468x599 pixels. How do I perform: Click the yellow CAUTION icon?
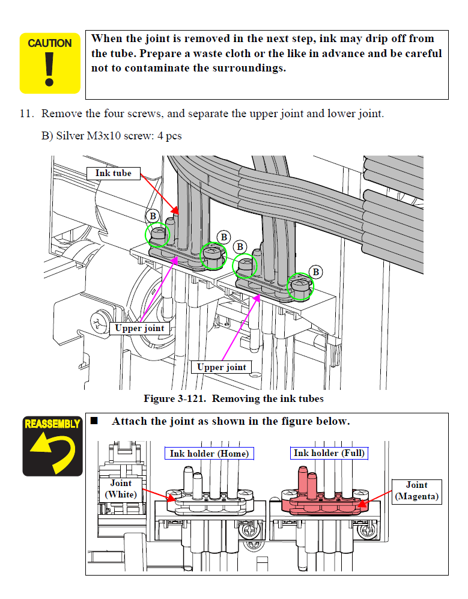coord(50,63)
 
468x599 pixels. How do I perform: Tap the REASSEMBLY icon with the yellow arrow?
coord(52,445)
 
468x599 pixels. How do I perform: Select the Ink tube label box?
coord(113,173)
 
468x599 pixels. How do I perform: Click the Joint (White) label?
coord(121,488)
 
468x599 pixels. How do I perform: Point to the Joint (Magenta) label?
coord(416,491)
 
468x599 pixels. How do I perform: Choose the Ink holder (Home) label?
coord(209,453)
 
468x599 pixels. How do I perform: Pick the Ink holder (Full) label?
coord(329,452)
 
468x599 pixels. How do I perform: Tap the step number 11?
coord(28,114)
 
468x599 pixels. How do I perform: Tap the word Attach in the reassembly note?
coord(128,421)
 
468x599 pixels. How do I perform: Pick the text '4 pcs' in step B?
coord(169,136)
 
